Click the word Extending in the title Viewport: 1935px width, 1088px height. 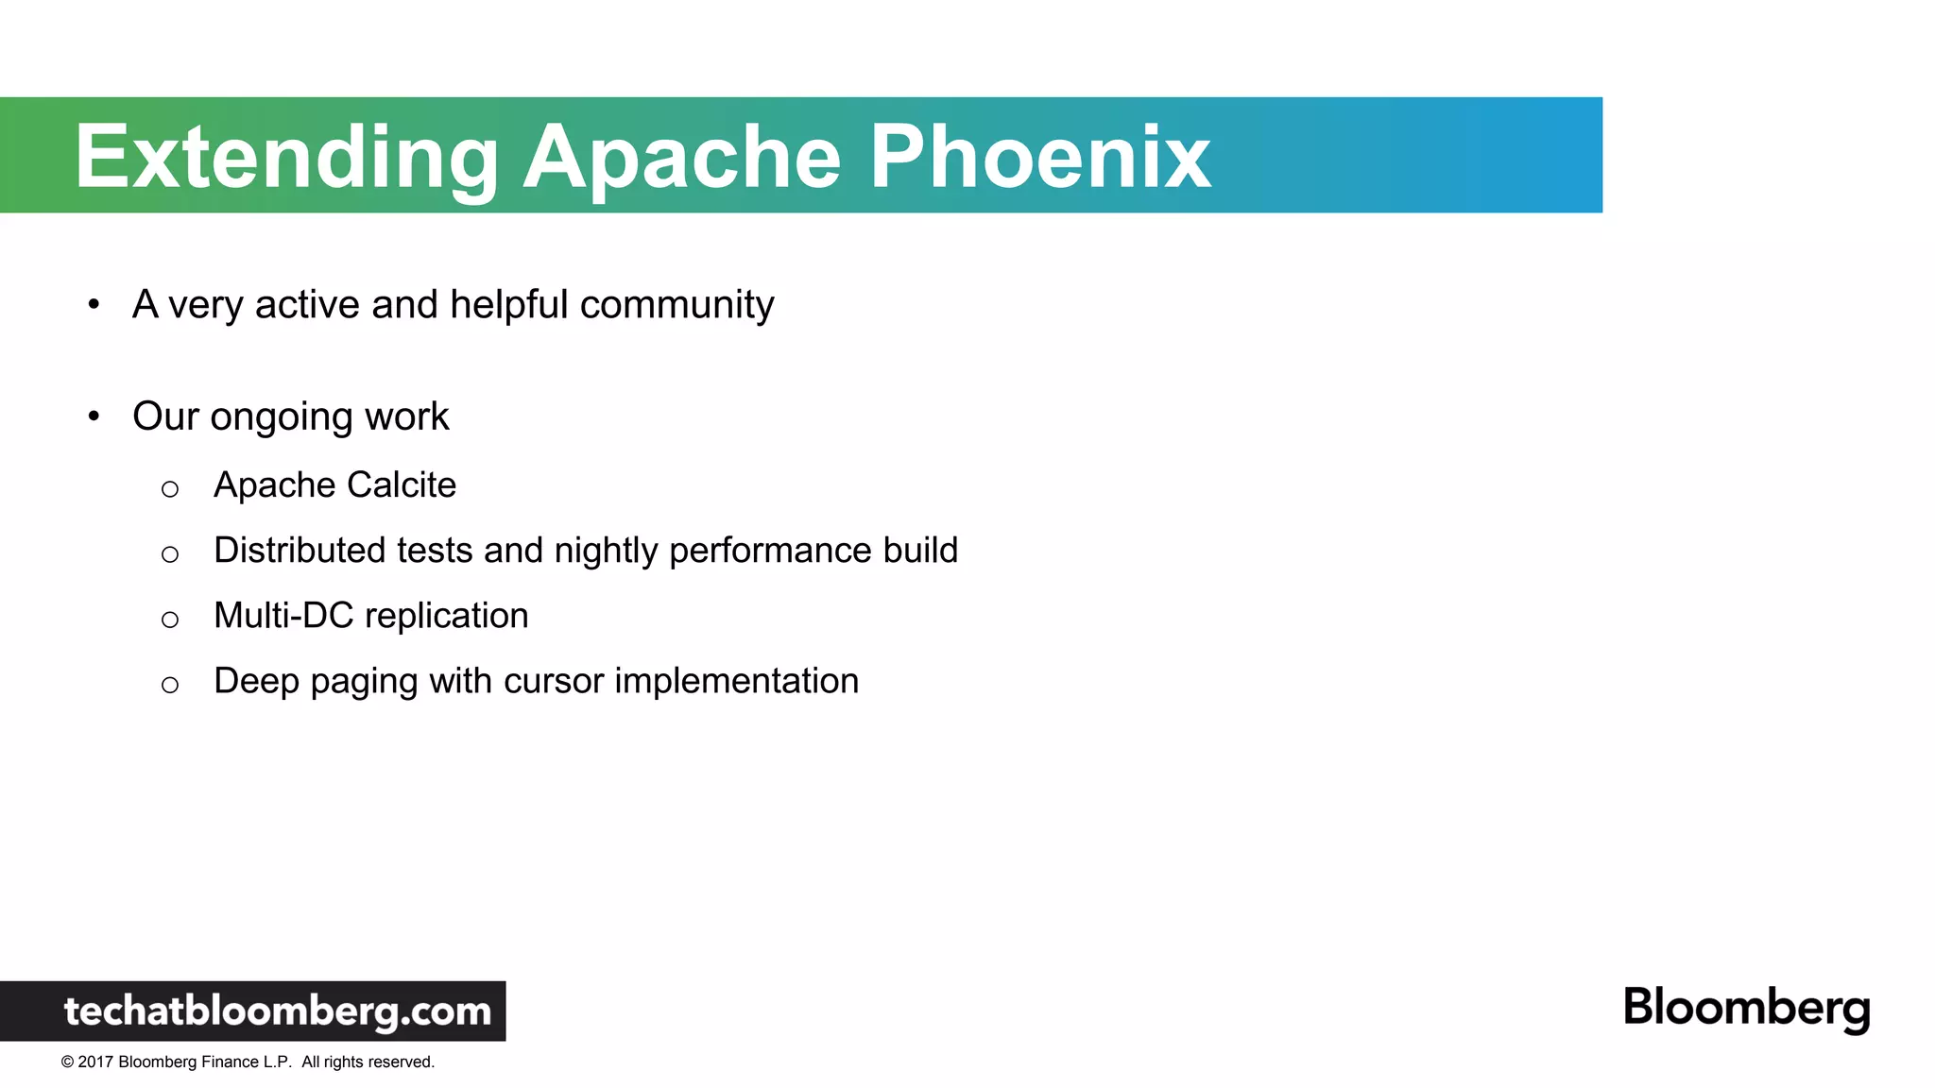[x=286, y=158]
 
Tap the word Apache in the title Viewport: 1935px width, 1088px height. [x=681, y=158]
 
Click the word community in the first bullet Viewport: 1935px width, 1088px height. [x=676, y=305]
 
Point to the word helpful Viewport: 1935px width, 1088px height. [x=508, y=305]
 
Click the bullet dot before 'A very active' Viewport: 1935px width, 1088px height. [x=94, y=304]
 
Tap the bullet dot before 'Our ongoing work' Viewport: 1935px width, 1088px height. [x=94, y=416]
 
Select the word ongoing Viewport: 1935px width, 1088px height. [x=282, y=417]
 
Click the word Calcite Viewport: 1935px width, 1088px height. [x=402, y=484]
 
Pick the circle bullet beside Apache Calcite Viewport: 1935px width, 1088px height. [x=170, y=489]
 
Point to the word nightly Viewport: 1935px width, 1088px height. [x=606, y=551]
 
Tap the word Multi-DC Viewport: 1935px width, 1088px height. [x=283, y=615]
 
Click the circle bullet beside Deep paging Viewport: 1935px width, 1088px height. [x=170, y=685]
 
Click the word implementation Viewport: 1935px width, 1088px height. [x=736, y=681]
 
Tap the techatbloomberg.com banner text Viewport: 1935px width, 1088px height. [x=277, y=1011]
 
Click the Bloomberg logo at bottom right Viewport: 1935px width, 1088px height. [x=1746, y=1008]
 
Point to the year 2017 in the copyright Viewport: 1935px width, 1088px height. [x=95, y=1062]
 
